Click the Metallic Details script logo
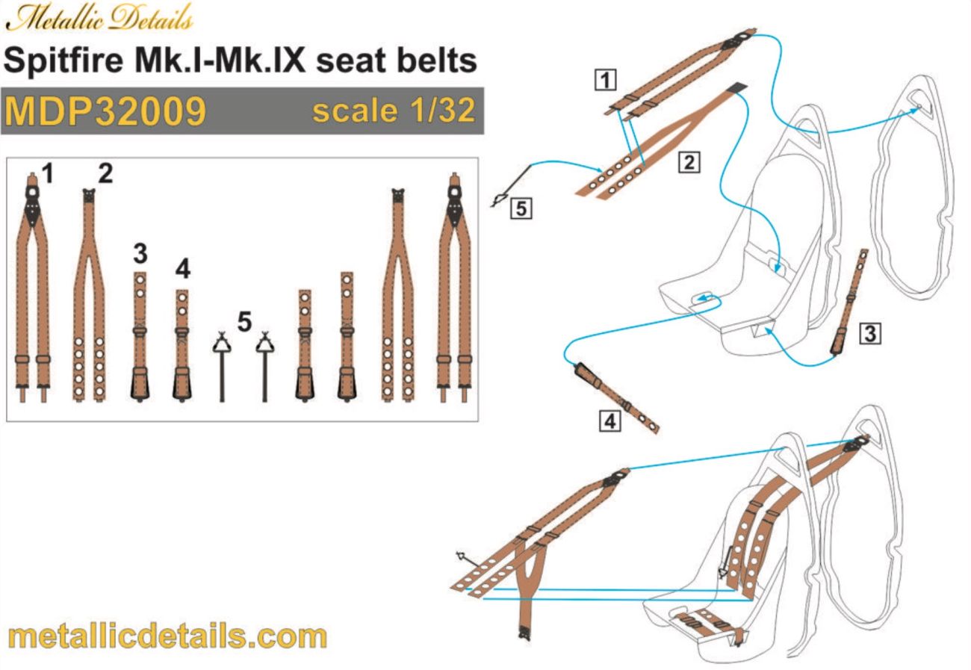tap(99, 16)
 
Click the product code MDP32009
tap(105, 111)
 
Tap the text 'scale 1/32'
tap(393, 111)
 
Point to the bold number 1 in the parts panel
tap(48, 175)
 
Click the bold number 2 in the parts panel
tap(105, 174)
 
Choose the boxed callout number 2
tap(688, 161)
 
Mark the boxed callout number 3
tap(869, 333)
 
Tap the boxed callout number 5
tap(521, 210)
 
